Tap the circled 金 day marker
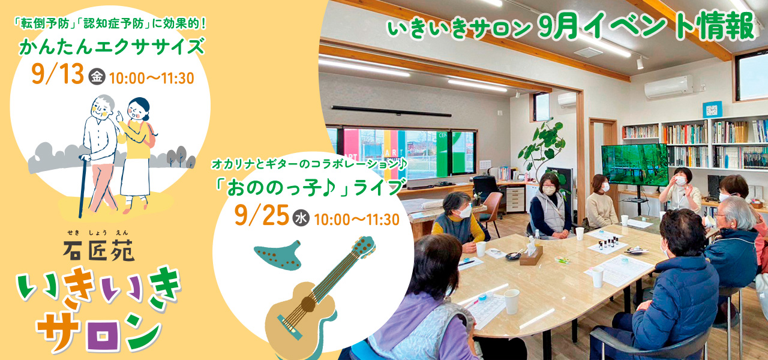(x=97, y=76)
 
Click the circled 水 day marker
(x=301, y=218)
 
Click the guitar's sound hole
(x=308, y=304)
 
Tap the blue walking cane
(x=82, y=185)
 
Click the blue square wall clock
(x=712, y=110)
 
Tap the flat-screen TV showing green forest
(x=635, y=165)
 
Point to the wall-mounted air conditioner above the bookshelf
(x=668, y=86)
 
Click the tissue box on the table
(x=531, y=255)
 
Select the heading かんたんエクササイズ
(x=112, y=47)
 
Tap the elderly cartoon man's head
(x=102, y=107)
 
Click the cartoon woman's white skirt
(x=136, y=176)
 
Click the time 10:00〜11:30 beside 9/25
(x=356, y=220)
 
